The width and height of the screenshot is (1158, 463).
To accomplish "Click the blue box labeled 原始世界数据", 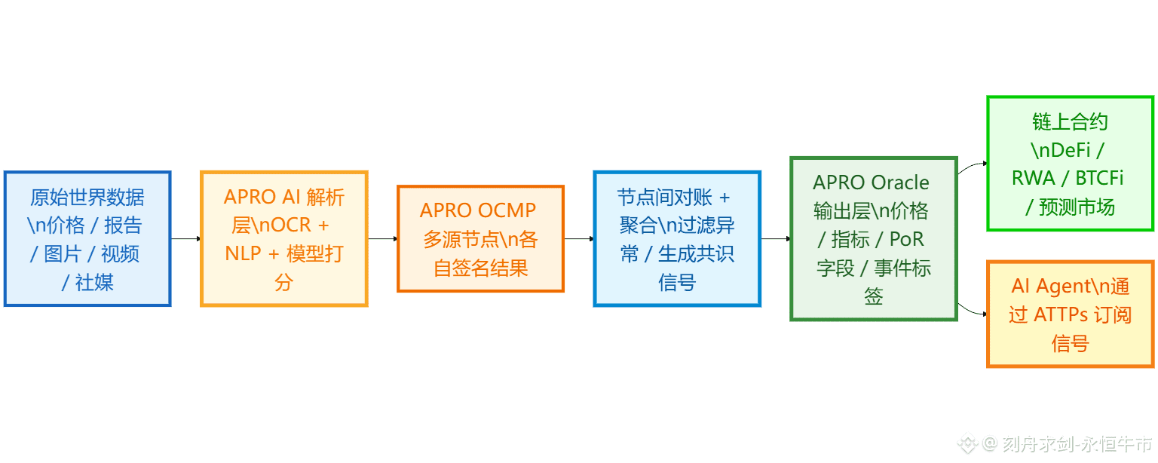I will pyautogui.click(x=87, y=238).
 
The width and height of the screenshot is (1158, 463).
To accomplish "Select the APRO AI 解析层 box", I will pyautogui.click(x=284, y=238).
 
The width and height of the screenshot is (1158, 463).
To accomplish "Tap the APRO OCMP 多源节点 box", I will pyautogui.click(x=480, y=238).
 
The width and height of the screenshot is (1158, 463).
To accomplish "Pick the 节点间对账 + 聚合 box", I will pyautogui.click(x=677, y=238).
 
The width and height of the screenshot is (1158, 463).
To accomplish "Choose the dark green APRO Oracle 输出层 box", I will pyautogui.click(x=873, y=238).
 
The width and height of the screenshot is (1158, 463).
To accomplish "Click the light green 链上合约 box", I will pyautogui.click(x=1070, y=163).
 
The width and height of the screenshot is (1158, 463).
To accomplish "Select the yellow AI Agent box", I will pyautogui.click(x=1070, y=314).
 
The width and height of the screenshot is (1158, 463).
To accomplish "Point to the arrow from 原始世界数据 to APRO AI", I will pyautogui.click(x=185, y=239).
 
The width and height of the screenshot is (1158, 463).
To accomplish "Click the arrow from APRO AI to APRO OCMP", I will pyautogui.click(x=382, y=239).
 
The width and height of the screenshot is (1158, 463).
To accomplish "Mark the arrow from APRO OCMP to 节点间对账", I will pyautogui.click(x=578, y=239).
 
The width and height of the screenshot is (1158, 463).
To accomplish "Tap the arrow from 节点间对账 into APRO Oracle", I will pyautogui.click(x=775, y=239).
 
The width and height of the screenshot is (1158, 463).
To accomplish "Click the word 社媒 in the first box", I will pyautogui.click(x=94, y=283).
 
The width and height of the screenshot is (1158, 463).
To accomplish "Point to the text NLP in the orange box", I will pyautogui.click(x=243, y=254).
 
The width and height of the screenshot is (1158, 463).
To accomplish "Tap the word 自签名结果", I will pyautogui.click(x=480, y=268).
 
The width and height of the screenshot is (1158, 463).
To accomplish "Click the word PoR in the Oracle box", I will pyautogui.click(x=907, y=239).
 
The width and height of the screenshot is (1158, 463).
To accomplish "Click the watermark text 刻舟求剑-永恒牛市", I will pyautogui.click(x=1077, y=444).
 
